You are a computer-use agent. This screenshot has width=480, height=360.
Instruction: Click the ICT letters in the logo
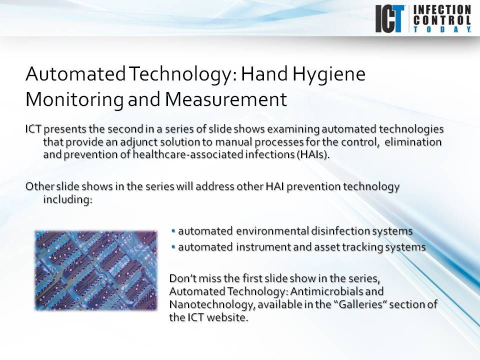pos(390,18)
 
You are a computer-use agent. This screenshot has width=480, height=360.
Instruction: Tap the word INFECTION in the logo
pos(441,9)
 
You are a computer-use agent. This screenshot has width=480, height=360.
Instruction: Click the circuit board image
pos(96,270)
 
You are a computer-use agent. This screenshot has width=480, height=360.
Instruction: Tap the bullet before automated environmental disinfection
pos(173,231)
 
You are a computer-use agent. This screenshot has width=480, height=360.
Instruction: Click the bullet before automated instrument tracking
pos(173,246)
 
